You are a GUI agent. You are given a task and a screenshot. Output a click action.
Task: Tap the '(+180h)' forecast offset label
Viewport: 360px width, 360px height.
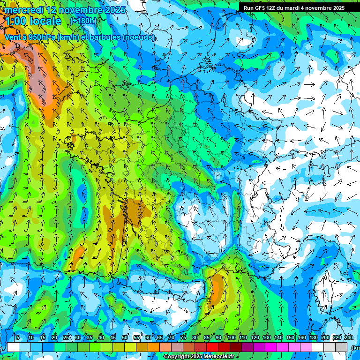83,21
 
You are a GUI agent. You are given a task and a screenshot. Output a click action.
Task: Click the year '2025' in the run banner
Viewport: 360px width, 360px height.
337,7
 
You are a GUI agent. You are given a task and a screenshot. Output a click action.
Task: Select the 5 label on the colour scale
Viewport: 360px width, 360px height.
17,337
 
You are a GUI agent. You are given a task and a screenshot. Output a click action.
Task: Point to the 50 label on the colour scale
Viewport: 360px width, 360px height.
125,337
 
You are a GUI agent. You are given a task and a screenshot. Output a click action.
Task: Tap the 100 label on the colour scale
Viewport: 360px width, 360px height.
232,337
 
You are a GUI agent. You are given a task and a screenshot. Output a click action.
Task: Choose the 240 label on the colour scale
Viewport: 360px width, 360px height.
349,337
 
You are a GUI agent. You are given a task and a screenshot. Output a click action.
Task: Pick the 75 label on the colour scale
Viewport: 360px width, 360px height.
183,337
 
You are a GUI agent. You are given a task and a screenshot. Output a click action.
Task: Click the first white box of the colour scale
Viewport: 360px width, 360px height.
13,347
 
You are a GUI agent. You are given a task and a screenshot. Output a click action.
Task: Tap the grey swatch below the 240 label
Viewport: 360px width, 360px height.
341,347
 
